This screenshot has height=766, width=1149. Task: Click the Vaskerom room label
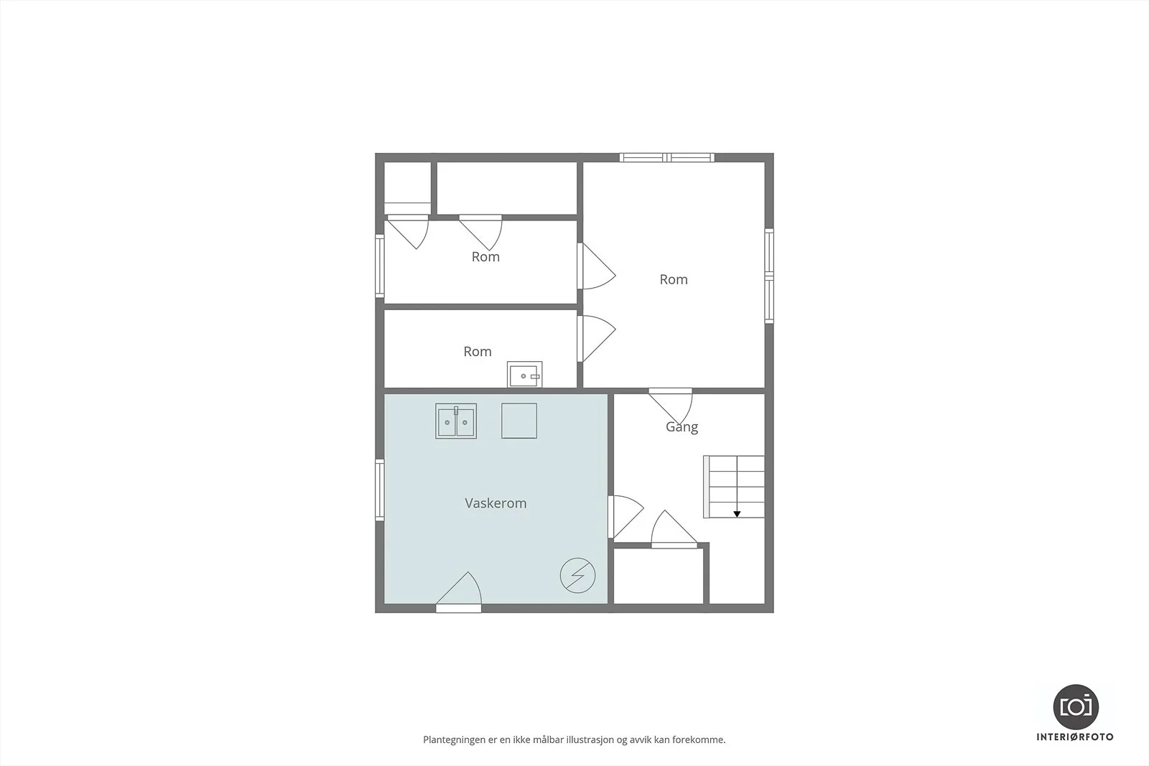click(x=496, y=503)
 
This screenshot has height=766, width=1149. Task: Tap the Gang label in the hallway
click(x=682, y=427)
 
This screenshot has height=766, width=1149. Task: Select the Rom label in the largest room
click(x=674, y=279)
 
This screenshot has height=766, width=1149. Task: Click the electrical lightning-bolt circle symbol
click(x=577, y=575)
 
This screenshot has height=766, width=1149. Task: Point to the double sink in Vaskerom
click(x=456, y=421)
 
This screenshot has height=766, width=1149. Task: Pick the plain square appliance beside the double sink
click(x=519, y=421)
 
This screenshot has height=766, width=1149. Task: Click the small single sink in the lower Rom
click(x=525, y=375)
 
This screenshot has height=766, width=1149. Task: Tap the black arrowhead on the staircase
click(x=737, y=514)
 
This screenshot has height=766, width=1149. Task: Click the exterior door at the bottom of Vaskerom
click(x=459, y=592)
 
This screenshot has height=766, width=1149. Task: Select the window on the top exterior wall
click(x=667, y=157)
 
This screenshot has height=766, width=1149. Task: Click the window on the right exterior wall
click(x=769, y=276)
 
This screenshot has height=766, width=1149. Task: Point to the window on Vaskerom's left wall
click(x=380, y=490)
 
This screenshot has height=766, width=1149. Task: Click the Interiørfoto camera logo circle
click(x=1076, y=707)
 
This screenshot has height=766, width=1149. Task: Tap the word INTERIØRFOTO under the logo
click(x=1075, y=737)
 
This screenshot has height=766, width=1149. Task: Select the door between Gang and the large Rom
click(x=671, y=406)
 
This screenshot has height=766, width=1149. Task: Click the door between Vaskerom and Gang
click(x=625, y=517)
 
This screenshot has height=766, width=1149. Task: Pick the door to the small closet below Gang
click(x=674, y=529)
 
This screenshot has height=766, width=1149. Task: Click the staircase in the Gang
click(x=734, y=487)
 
